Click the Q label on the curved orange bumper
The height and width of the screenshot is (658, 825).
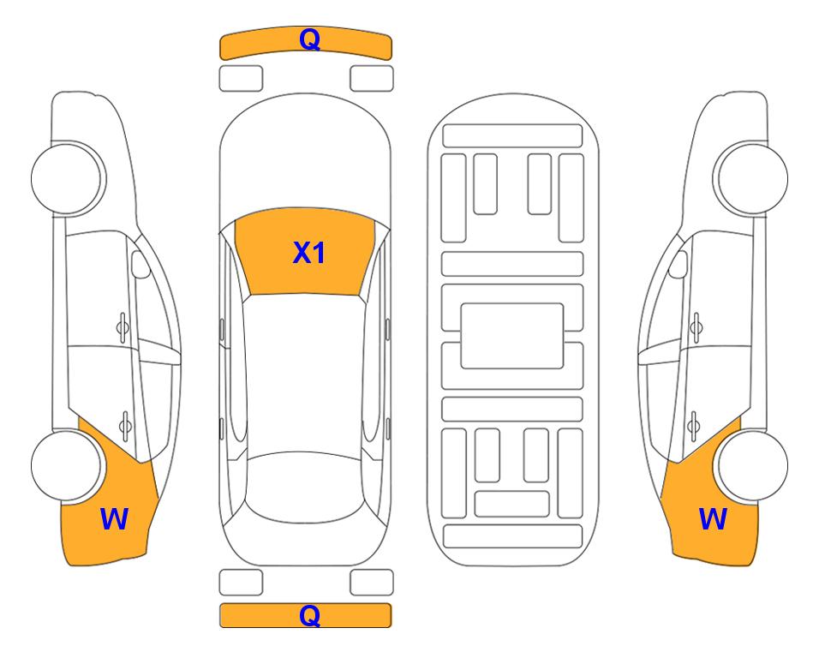click(309, 39)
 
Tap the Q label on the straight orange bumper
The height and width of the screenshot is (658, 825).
click(309, 615)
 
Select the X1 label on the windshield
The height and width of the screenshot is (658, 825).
click(309, 252)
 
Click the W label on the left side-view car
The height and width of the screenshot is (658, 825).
click(114, 518)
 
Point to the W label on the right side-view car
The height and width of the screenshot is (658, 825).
click(713, 518)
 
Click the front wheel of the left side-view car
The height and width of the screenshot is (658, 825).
click(68, 178)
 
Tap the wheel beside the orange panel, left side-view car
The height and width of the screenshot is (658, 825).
click(66, 466)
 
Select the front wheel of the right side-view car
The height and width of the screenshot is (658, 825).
click(751, 178)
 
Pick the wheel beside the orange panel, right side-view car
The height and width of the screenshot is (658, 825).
click(752, 466)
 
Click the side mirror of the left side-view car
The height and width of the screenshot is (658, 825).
click(140, 264)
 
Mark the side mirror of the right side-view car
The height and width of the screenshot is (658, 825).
click(678, 264)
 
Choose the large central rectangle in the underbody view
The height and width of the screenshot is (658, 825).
click(512, 336)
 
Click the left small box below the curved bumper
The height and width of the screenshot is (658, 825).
click(241, 79)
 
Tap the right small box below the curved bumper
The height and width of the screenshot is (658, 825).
click(372, 79)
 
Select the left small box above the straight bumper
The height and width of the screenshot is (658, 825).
click(241, 583)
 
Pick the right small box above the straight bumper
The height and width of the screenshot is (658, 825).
click(372, 583)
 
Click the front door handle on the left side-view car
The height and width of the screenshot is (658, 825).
click(123, 327)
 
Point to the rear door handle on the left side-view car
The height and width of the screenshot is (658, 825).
click(125, 425)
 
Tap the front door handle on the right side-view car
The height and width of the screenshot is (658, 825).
click(696, 327)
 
